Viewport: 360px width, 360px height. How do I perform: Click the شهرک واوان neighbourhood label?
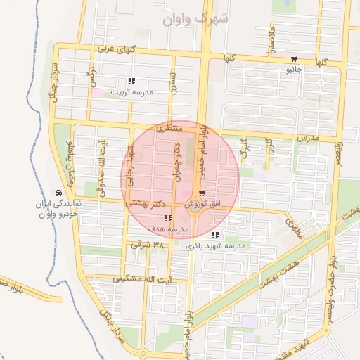(195, 19)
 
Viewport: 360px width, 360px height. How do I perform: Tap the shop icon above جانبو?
(293, 59)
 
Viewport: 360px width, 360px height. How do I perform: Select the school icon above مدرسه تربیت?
(131, 82)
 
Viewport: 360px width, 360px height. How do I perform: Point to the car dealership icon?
(58, 193)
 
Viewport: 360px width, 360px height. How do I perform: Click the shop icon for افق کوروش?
(202, 193)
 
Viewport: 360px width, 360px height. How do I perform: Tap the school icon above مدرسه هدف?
(167, 219)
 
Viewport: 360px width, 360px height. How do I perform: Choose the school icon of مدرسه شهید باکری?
(215, 235)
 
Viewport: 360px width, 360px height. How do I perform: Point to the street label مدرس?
(308, 138)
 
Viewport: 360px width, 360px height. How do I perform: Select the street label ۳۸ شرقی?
(147, 245)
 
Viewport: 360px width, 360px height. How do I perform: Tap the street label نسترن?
(172, 82)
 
